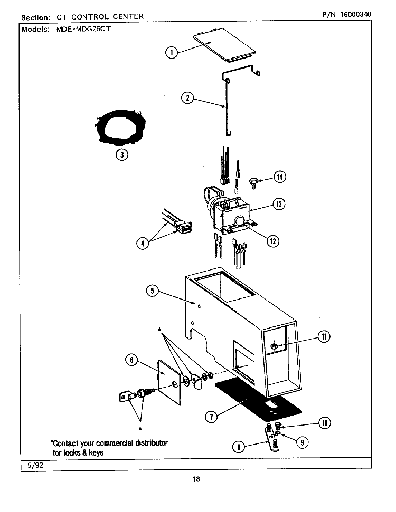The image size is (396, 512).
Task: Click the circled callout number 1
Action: [172, 52]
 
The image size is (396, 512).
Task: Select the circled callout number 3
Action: [122, 154]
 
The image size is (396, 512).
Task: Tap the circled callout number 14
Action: [280, 177]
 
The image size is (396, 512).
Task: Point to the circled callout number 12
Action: [273, 241]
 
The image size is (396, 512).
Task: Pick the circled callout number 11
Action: [324, 336]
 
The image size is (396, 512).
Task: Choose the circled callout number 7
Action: [211, 417]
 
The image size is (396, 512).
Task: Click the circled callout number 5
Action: [153, 291]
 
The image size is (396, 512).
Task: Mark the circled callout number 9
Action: [303, 442]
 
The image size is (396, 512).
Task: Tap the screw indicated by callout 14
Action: [253, 183]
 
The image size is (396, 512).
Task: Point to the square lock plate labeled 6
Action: [169, 382]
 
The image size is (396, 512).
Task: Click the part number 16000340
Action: [355, 14]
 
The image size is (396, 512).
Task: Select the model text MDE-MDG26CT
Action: [83, 28]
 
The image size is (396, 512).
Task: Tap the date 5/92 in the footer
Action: [35, 465]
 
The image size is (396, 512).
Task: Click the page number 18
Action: [196, 479]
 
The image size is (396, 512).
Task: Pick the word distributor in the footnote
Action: [152, 443]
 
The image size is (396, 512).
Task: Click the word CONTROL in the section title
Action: [90, 17]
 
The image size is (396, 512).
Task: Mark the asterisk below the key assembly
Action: [140, 428]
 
